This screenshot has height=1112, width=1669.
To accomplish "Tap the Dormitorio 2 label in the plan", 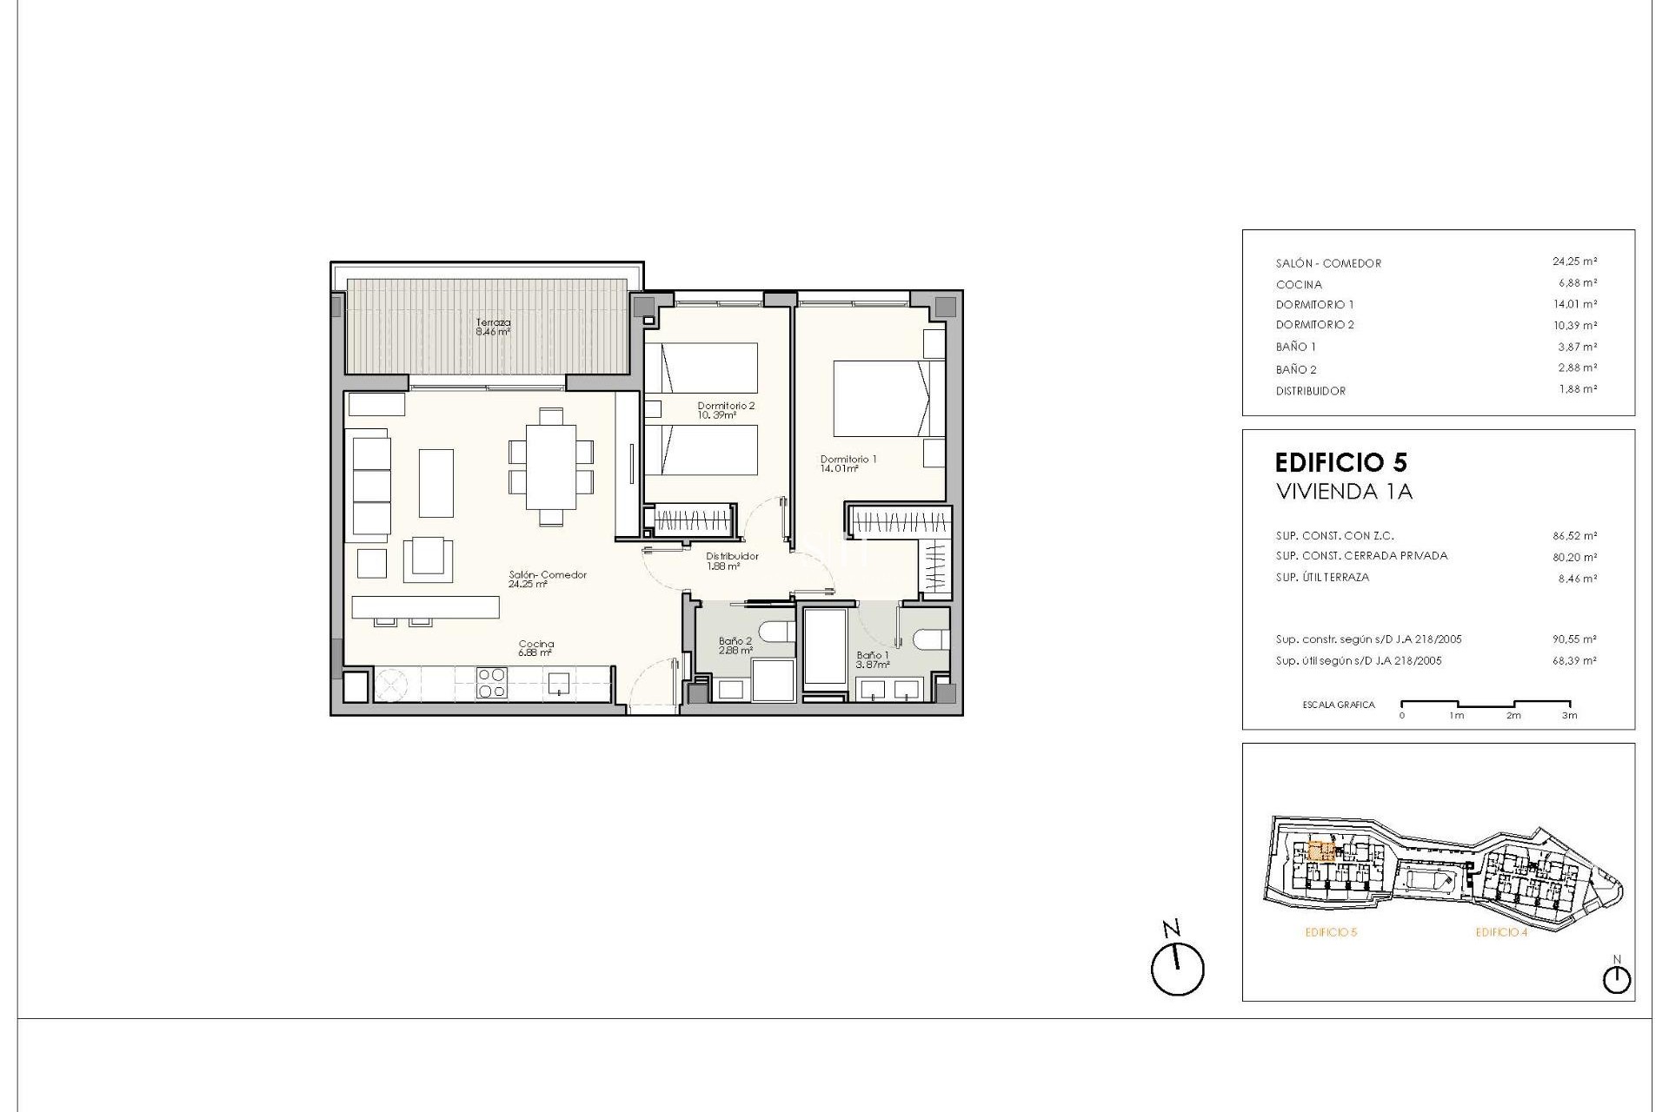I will (726, 410).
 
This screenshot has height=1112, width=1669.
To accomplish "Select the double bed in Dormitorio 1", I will (880, 399).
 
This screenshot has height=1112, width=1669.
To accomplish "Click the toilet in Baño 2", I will (775, 630).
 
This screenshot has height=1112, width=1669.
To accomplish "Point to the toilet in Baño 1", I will (929, 639).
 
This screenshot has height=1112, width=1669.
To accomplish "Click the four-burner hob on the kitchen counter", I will (492, 682).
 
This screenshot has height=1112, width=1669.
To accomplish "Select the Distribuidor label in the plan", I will (732, 560).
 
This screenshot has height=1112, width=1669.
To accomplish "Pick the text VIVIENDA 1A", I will (1344, 492).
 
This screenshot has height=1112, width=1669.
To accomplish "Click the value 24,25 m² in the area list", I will (1574, 261).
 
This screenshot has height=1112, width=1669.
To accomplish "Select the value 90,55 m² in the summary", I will (1574, 639).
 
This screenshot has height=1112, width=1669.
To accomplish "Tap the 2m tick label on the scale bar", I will (1513, 716).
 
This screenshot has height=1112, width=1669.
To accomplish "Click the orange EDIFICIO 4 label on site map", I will (1501, 933).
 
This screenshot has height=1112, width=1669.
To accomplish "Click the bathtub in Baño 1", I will (824, 647).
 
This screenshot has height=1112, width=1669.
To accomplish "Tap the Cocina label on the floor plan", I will (536, 648).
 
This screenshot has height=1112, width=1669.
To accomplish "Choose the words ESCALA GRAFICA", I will (1339, 705).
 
